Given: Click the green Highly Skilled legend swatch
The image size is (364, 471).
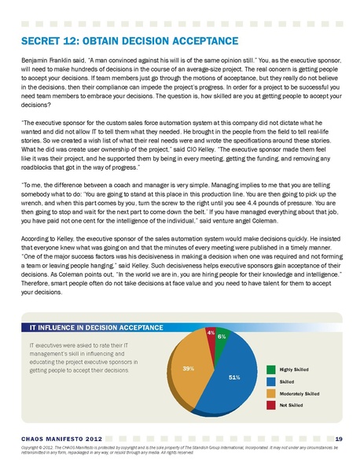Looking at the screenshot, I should point(270,368).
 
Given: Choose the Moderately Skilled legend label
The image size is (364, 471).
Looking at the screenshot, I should point(300,392).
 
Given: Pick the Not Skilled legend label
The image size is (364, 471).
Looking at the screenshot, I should point(292,404).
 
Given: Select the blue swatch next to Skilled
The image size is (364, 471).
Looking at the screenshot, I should point(270,381).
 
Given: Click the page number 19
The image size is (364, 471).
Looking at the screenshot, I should point(338,437).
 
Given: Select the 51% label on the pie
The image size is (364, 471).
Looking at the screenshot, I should point(234,378).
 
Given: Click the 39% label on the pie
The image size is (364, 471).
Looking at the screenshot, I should point(189,367).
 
